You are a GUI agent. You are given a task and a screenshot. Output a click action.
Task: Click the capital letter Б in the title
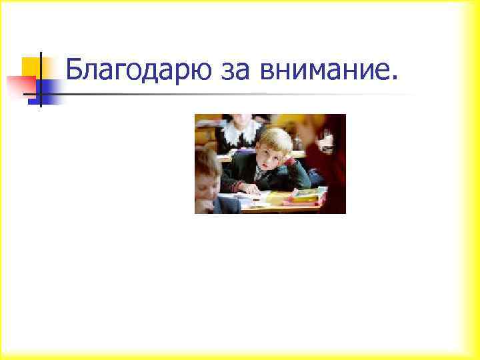[x=74, y=67]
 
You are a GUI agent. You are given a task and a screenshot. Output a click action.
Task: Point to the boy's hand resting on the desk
[x=251, y=189]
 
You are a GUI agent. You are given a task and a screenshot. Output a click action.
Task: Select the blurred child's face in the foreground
[x=205, y=183]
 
